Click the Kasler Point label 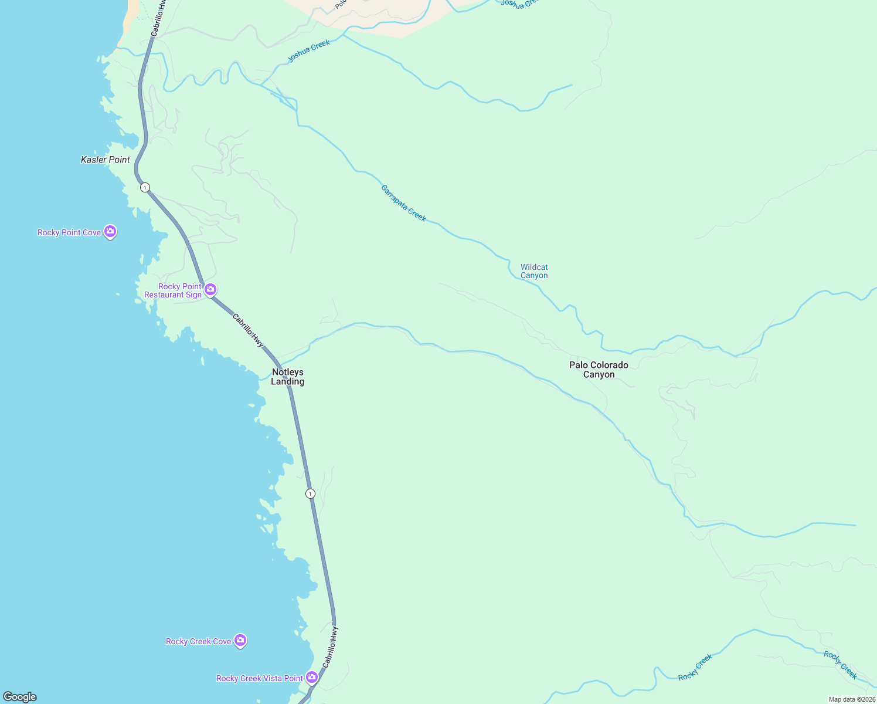pos(106,160)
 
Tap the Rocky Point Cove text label pos(69,233)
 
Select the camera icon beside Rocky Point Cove pos(110,232)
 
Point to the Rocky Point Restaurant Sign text pos(173,291)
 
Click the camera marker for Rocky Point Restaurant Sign pos(210,289)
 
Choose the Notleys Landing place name pos(287,377)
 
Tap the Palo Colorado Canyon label pos(599,370)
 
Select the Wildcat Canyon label pos(534,271)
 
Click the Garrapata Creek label pos(403,203)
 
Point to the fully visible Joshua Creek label pos(309,51)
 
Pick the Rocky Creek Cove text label pos(198,642)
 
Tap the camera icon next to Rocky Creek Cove pos(240,641)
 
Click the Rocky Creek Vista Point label pos(260,679)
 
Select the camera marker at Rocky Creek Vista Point pos(312,678)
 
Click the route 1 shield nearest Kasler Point pos(145,188)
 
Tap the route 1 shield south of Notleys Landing pos(310,494)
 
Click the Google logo pos(20,697)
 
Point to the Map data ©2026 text pos(852,699)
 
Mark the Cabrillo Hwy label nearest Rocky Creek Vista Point pos(330,647)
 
